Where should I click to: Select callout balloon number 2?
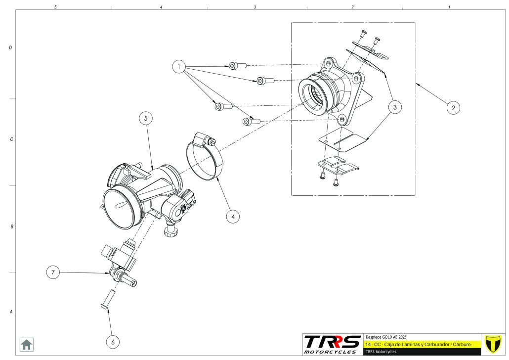pyautogui.click(x=453, y=107)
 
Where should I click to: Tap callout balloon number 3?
pyautogui.click(x=394, y=106)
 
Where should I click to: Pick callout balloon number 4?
pyautogui.click(x=233, y=216)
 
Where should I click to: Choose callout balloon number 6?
pyautogui.click(x=113, y=341)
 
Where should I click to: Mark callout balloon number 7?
pyautogui.click(x=53, y=272)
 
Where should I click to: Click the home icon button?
pyautogui.click(x=26, y=344)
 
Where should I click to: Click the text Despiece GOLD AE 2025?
pyautogui.click(x=385, y=336)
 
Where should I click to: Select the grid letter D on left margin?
pyautogui.click(x=10, y=48)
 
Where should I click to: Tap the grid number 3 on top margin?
pyautogui.click(x=255, y=7)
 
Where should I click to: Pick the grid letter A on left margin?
pyautogui.click(x=10, y=312)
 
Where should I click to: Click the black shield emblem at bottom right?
pyautogui.click(x=492, y=344)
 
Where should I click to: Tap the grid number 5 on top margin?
pyautogui.click(x=55, y=7)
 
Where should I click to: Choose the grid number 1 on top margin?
pyautogui.click(x=449, y=7)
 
